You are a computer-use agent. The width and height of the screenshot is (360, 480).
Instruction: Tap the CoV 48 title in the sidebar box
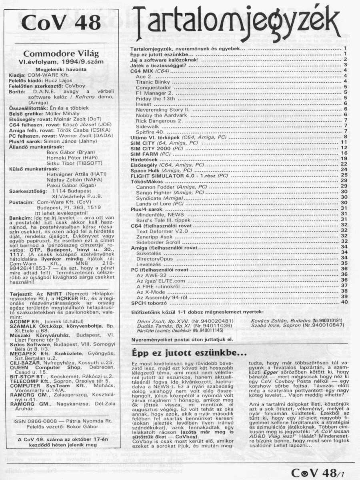[62, 23]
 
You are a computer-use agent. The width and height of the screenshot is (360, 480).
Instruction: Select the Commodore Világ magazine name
[61, 53]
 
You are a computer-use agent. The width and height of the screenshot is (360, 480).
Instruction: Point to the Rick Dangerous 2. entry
[159, 120]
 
